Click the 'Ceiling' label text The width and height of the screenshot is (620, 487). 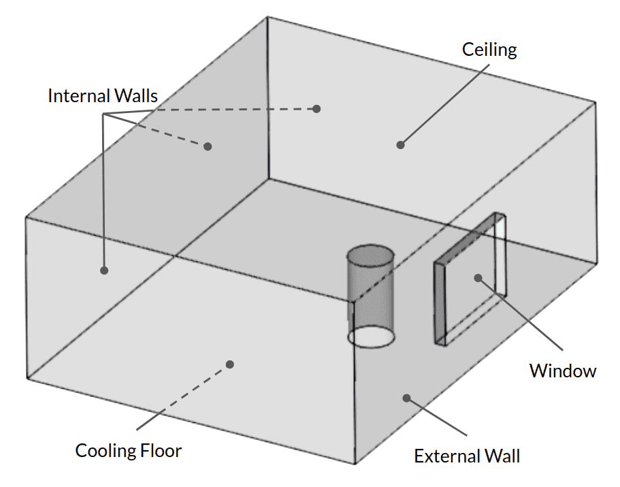(489, 50)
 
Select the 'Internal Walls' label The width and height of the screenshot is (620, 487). (102, 96)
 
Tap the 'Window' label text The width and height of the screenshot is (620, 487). (563, 371)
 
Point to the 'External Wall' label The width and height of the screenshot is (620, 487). (467, 456)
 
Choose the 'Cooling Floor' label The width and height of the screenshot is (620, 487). (129, 451)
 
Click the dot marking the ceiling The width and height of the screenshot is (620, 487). (401, 144)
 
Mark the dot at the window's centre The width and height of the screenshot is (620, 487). (478, 277)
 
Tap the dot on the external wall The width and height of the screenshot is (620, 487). (406, 397)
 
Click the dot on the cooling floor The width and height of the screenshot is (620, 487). (230, 364)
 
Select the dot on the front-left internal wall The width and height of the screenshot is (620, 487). (104, 270)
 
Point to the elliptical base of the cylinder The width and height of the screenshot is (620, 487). (371, 336)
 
